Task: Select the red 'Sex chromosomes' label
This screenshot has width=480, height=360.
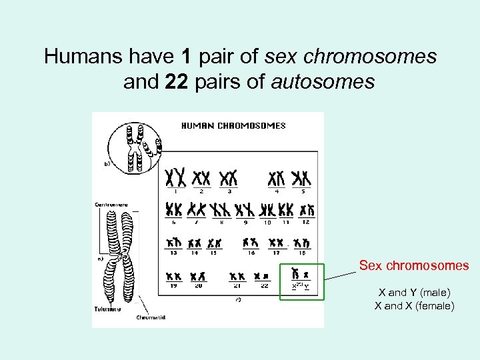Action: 414,265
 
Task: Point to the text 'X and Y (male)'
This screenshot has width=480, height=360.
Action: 414,292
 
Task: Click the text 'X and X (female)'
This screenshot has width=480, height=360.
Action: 414,306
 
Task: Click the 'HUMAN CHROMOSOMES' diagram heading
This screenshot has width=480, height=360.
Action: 233,125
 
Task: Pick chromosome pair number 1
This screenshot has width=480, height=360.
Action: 175,178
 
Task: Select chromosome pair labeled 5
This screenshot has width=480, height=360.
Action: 303,178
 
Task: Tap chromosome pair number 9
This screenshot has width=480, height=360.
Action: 246,209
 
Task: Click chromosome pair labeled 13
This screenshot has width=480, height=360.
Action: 175,243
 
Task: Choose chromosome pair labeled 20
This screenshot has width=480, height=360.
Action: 197,275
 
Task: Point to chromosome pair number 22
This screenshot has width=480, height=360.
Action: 263,275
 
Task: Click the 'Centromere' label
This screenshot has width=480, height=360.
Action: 111,205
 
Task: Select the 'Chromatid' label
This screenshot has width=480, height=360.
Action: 151,317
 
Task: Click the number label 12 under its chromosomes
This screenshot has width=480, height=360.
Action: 306,221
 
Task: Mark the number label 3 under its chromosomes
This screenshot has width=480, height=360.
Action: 229,191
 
